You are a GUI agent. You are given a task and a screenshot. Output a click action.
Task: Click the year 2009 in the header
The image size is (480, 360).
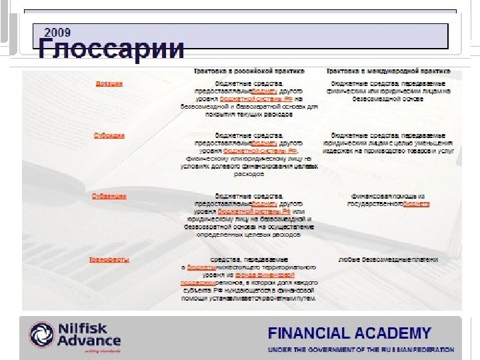58,31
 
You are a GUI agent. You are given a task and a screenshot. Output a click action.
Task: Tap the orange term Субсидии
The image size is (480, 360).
108,135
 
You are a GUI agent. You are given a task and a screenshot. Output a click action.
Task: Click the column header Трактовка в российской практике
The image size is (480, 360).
249,70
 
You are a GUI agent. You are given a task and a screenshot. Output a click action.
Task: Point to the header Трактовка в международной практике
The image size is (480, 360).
387,70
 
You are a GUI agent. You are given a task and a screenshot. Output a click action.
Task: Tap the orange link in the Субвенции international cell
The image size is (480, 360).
417,204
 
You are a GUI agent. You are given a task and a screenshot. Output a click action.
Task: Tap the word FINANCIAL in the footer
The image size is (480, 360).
314,333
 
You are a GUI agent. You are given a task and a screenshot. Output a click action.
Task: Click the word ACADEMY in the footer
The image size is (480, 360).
397,333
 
